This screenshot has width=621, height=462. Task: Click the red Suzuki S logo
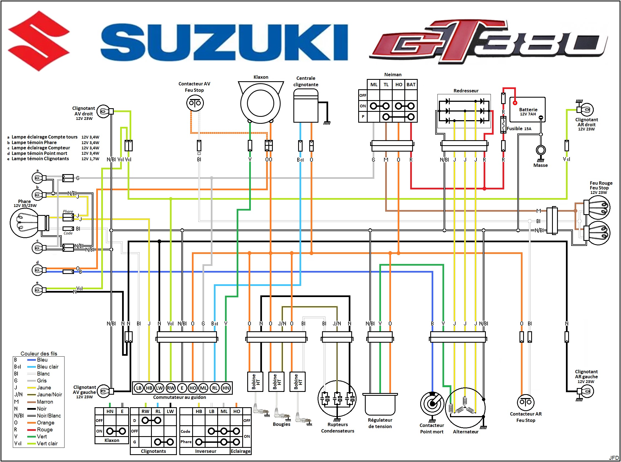[x=38, y=41]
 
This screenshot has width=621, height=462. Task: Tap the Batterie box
[x=527, y=110]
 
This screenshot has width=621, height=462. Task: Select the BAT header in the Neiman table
[x=411, y=85]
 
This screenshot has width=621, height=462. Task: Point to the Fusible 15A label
[x=519, y=129]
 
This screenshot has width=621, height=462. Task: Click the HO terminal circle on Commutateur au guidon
[x=193, y=388]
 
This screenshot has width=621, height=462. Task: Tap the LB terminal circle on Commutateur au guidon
[x=139, y=388]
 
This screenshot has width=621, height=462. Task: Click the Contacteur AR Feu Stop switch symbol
[x=526, y=402]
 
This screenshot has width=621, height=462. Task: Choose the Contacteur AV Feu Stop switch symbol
[x=195, y=103]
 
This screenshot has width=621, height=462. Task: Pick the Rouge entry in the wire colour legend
[x=45, y=429]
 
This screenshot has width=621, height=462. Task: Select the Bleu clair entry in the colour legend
[x=48, y=367]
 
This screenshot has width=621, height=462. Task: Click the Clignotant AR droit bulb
[x=586, y=110]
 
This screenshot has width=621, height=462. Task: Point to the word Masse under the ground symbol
[x=540, y=165]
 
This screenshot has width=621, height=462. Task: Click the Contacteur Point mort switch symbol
[x=432, y=404]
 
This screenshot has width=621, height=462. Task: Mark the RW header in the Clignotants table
[x=145, y=411]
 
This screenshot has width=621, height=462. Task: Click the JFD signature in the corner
[x=614, y=458]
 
